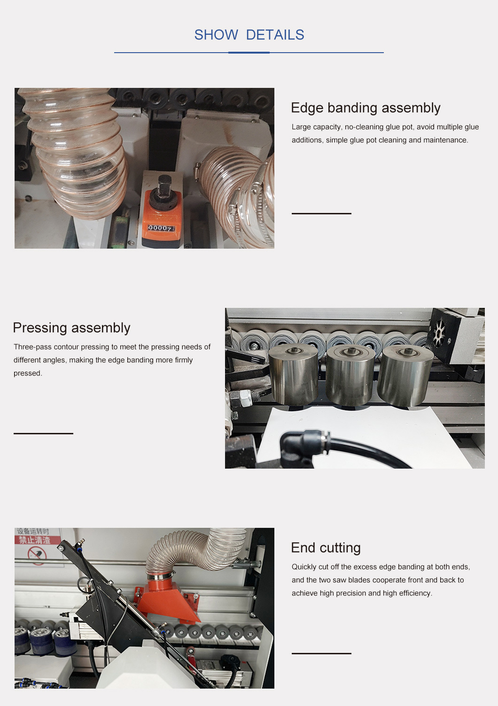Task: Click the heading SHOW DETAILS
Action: (x=249, y=35)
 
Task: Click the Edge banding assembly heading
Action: (x=366, y=108)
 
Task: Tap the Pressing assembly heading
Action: (x=71, y=328)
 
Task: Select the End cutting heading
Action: (x=326, y=548)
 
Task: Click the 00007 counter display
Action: (x=161, y=228)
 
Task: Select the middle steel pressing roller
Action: (x=350, y=375)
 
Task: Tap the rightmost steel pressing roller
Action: (x=405, y=376)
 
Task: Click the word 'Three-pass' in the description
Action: (x=32, y=347)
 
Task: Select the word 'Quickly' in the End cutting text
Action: (x=304, y=567)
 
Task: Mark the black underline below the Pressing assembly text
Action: (x=44, y=433)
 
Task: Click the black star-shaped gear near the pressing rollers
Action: (x=438, y=332)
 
